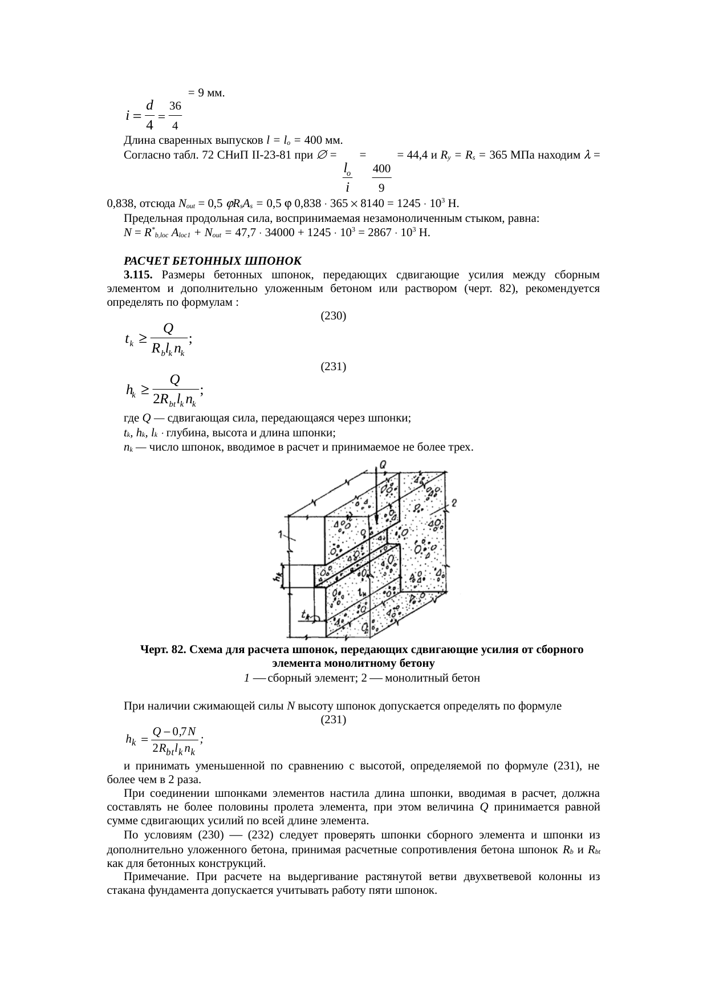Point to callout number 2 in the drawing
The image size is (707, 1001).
point(454,503)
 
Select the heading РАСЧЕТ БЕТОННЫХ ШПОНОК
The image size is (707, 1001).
point(212,261)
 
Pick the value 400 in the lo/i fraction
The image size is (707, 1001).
point(381,169)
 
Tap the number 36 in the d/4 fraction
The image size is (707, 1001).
point(176,106)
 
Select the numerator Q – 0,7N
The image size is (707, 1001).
point(175,731)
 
